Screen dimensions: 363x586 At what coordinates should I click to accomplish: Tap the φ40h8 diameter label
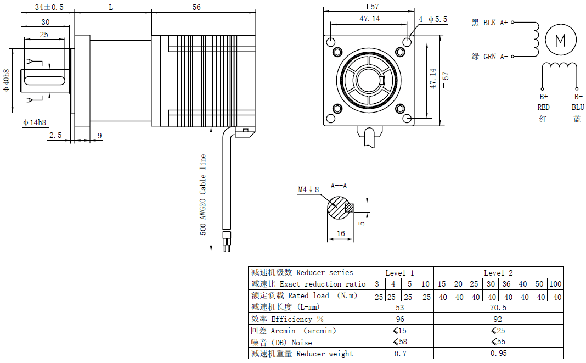pos(7,80)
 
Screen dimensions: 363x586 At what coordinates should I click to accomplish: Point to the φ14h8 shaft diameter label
pos(35,122)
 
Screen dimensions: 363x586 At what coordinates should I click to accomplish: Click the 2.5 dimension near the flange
pos(55,135)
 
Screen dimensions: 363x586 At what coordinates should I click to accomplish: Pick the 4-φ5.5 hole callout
pos(433,19)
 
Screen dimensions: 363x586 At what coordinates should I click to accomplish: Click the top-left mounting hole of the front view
pos(331,42)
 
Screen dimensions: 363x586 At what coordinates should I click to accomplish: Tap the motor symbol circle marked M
pos(560,40)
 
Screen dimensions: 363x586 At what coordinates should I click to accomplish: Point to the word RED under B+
pos(543,108)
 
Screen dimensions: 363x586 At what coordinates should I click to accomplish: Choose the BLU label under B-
pos(577,108)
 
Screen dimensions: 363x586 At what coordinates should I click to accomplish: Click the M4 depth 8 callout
pos(308,189)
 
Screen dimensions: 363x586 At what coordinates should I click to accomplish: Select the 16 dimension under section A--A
pos(340,233)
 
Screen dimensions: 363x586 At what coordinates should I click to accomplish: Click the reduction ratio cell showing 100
pos(555,284)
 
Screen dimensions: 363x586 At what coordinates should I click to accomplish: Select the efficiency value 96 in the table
pos(400,319)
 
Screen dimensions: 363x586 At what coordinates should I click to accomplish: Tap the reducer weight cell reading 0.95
pos(498,354)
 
